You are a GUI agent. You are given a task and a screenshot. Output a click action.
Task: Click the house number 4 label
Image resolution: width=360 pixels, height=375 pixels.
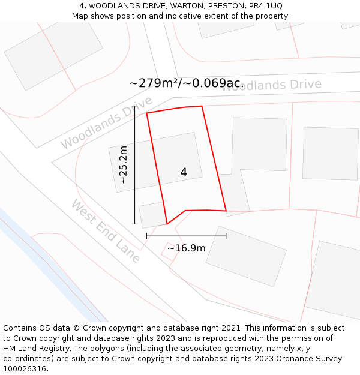click(x=184, y=173)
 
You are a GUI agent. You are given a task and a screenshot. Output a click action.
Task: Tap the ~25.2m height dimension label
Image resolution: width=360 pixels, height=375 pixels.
click(x=123, y=164)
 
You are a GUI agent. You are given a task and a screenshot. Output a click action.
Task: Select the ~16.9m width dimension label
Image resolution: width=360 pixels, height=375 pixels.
click(x=186, y=248)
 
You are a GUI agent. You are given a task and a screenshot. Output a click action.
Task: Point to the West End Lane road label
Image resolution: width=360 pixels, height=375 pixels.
click(x=106, y=232)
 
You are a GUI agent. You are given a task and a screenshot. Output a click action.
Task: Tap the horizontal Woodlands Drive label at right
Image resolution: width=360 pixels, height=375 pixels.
click(x=271, y=85)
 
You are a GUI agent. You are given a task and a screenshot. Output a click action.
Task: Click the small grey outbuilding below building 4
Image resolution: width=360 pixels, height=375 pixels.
click(x=153, y=214)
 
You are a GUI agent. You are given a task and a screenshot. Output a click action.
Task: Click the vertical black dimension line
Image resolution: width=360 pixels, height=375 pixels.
click(x=135, y=168)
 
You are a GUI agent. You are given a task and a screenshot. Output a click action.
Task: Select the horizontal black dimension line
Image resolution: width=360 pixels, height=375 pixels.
click(x=186, y=236)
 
